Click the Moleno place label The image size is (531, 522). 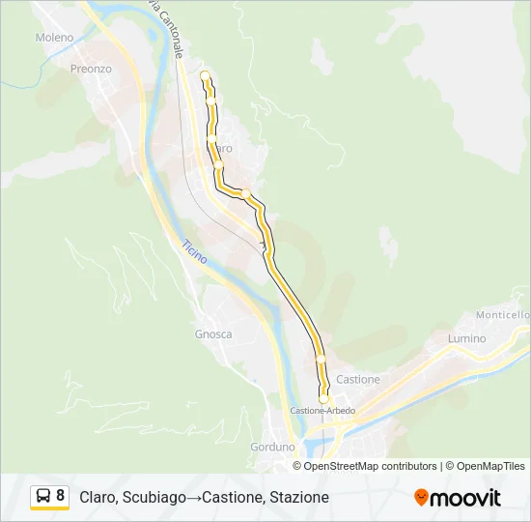click(54, 38)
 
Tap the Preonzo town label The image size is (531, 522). click(91, 70)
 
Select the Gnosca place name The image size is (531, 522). click(213, 334)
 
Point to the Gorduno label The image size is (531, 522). click(272, 448)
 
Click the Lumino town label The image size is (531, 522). click(466, 339)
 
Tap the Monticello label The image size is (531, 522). click(503, 315)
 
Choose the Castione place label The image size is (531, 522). click(358, 380)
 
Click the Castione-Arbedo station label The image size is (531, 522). click(323, 411)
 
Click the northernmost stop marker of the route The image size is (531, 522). click(205, 75)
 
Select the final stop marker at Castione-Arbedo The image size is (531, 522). click(323, 398)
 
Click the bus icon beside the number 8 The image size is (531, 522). click(43, 497)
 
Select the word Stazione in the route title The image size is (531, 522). click(299, 497)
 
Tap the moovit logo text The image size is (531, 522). click(466, 498)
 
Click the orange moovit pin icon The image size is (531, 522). click(421, 498)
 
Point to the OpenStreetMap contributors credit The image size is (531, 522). click(370, 466)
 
